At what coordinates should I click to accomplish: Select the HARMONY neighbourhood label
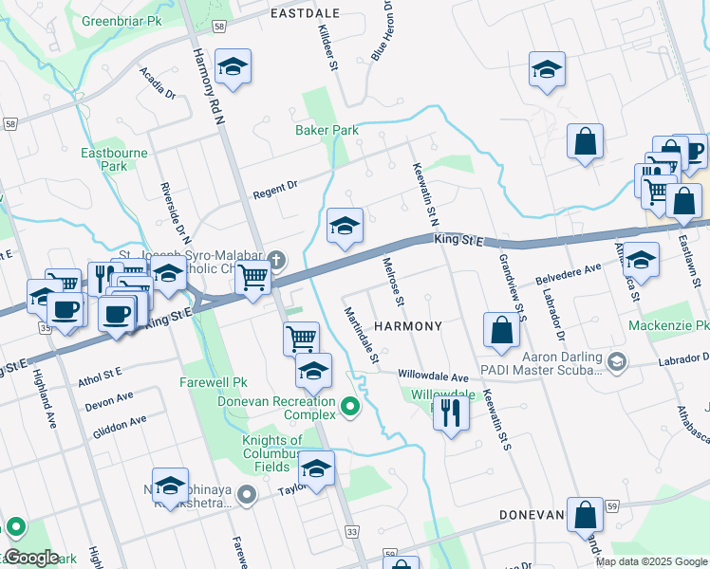click(x=408, y=326)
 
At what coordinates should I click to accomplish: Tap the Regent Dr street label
click(x=275, y=190)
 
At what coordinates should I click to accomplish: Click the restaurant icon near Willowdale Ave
click(x=451, y=412)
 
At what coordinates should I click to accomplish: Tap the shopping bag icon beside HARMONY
click(x=501, y=330)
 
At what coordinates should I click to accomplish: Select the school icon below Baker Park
click(x=346, y=225)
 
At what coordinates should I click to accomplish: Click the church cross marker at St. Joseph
click(x=276, y=257)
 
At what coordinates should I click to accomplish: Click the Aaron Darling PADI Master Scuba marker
click(x=618, y=361)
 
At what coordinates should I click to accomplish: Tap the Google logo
click(x=30, y=558)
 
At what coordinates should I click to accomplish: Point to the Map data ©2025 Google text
click(x=651, y=561)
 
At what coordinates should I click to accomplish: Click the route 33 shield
click(x=353, y=534)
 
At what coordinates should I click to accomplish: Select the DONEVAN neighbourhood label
click(x=533, y=515)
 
